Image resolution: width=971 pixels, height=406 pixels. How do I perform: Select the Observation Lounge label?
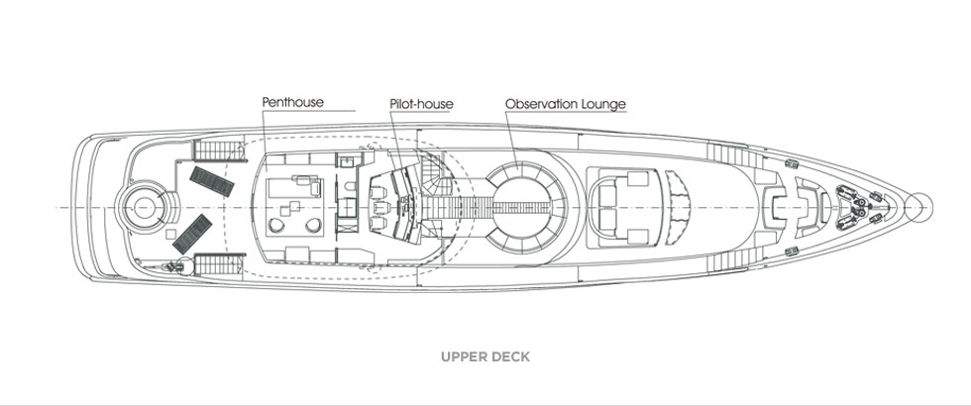(x=565, y=103)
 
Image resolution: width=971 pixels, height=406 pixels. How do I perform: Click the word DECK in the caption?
(x=509, y=356)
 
